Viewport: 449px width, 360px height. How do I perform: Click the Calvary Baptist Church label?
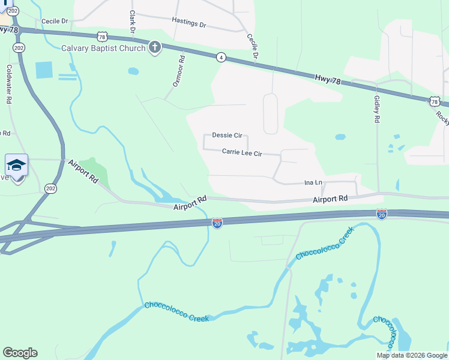[x=103, y=48]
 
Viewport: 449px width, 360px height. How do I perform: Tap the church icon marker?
[x=155, y=47]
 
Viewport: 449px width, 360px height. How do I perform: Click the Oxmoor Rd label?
[x=178, y=71]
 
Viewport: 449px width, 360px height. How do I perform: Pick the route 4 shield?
[x=221, y=57]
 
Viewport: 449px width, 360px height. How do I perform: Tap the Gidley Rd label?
[x=376, y=110]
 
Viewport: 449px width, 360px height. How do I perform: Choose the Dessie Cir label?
[x=227, y=136]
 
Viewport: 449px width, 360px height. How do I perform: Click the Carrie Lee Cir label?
[x=242, y=153]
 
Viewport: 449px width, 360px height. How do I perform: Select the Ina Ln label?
[x=313, y=182]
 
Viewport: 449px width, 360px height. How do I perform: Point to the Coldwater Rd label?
[x=9, y=85]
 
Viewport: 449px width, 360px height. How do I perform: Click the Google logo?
[x=20, y=353]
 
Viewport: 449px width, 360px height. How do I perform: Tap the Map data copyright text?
[x=412, y=355]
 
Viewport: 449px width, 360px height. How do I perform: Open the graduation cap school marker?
[x=16, y=166]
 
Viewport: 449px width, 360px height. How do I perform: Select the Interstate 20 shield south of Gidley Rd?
[x=381, y=214]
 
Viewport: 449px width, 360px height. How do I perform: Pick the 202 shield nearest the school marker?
[x=50, y=188]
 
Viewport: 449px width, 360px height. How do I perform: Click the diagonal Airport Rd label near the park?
[x=83, y=171]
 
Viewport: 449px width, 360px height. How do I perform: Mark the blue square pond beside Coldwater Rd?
[x=44, y=70]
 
